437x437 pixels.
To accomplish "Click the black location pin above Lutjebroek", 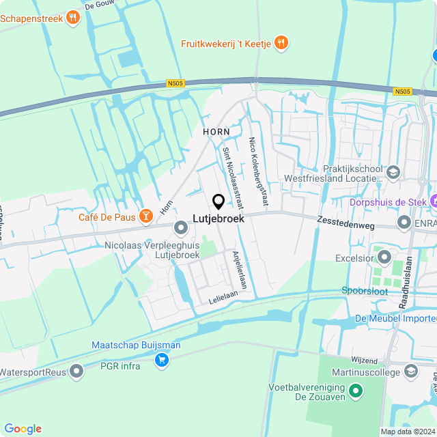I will [218, 201].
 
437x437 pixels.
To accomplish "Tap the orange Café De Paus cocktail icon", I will [145, 216].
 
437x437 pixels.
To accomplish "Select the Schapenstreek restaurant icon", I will [73, 18].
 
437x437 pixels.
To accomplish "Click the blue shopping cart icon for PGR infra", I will [162, 359].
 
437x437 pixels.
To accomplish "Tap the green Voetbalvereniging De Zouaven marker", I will [355, 391].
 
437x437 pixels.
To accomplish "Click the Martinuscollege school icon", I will [411, 371].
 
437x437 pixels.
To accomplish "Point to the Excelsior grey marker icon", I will [384, 259].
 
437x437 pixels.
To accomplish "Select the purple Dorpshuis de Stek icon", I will [434, 201].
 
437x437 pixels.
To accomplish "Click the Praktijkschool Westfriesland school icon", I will [393, 172].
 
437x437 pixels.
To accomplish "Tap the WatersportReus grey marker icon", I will [76, 372].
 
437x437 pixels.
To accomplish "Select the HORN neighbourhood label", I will [216, 130].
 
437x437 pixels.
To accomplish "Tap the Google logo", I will [23, 428].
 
